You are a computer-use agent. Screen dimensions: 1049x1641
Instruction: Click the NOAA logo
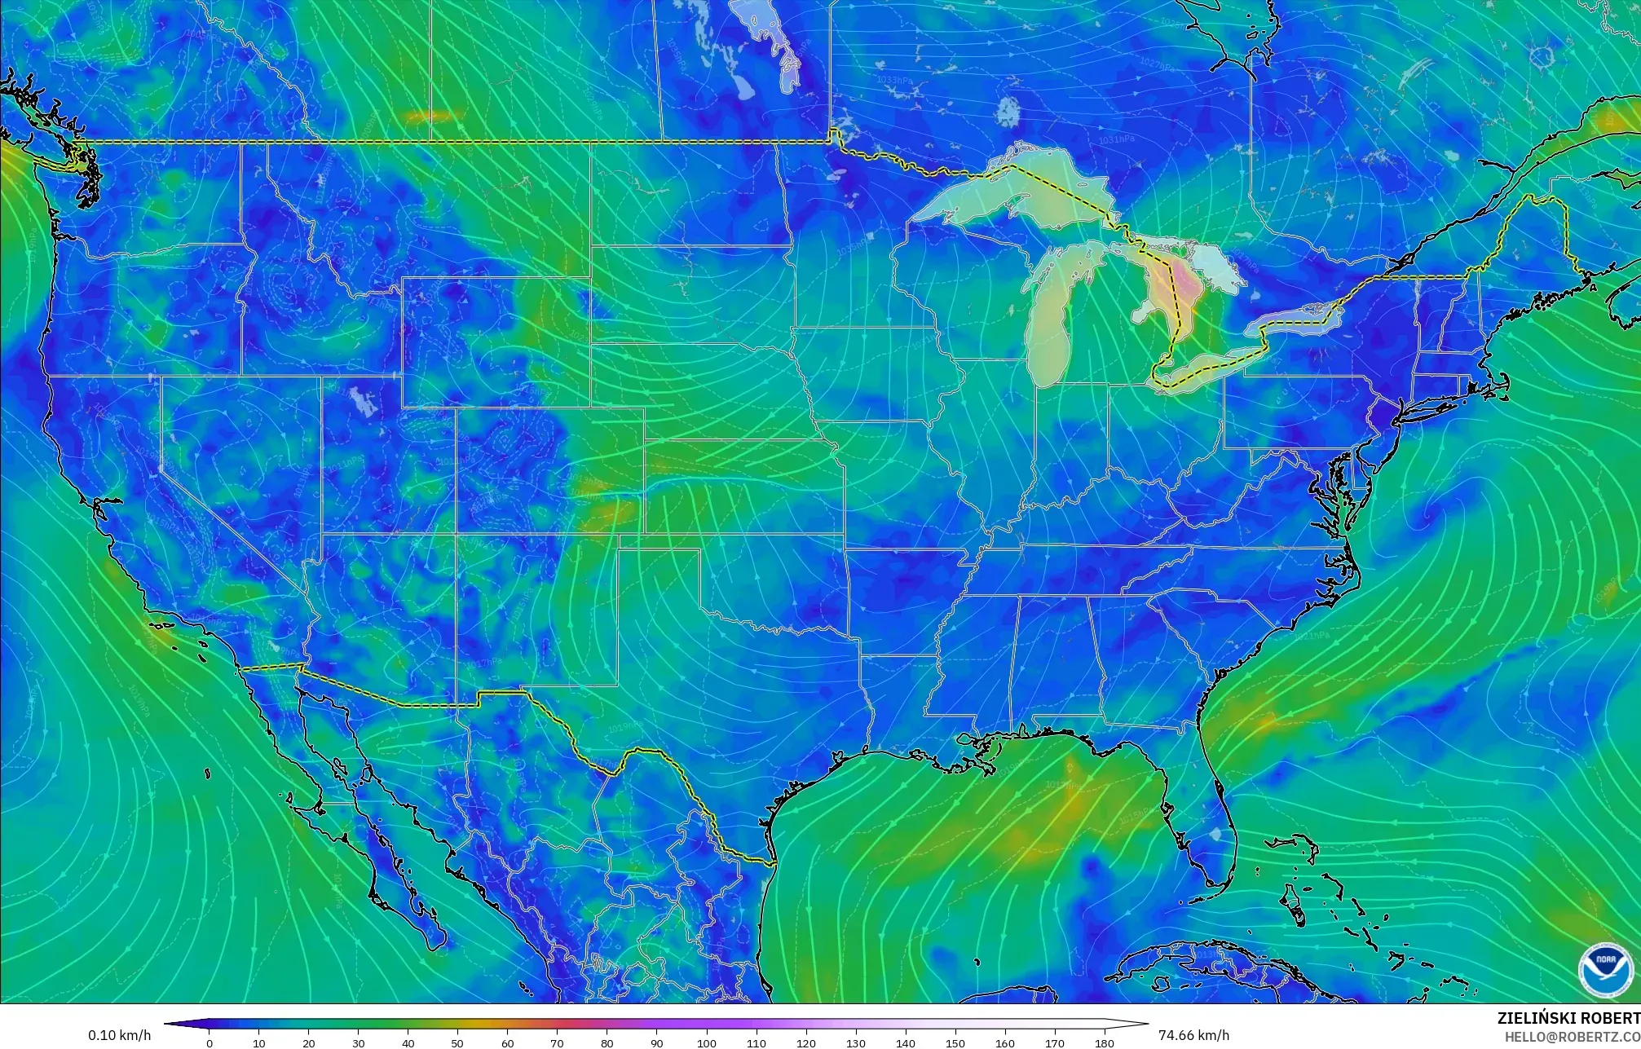tap(1605, 970)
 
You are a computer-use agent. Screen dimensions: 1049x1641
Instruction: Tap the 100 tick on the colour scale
tap(707, 1042)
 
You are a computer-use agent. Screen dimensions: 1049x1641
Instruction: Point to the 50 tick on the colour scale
tap(458, 1042)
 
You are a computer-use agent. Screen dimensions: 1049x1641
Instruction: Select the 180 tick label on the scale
tap(1104, 1042)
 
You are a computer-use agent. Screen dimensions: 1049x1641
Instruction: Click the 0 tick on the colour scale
tap(210, 1042)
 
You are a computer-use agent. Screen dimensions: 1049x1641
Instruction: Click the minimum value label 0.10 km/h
tap(119, 1035)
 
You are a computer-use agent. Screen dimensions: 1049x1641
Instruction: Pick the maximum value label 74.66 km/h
tap(1193, 1035)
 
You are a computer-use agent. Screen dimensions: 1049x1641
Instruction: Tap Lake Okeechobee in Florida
tap(1216, 835)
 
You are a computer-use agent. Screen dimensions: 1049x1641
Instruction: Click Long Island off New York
tap(1443, 405)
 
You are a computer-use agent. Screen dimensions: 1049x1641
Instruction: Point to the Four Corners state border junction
tap(456, 534)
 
